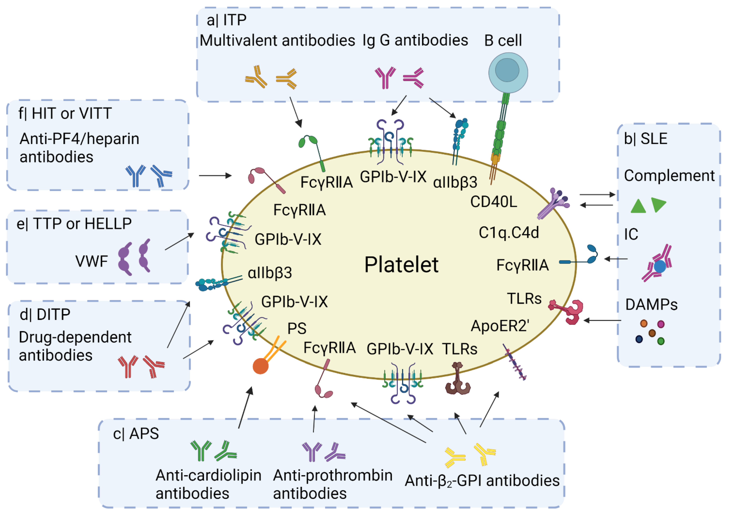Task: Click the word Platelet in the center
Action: click(401, 265)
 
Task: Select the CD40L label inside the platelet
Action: click(494, 201)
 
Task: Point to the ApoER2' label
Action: click(500, 326)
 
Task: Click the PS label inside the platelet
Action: click(297, 328)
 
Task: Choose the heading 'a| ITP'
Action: click(226, 20)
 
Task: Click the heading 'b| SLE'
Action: click(645, 139)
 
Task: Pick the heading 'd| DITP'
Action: click(45, 315)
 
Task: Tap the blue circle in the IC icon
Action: click(660, 266)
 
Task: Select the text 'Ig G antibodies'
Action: click(415, 40)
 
